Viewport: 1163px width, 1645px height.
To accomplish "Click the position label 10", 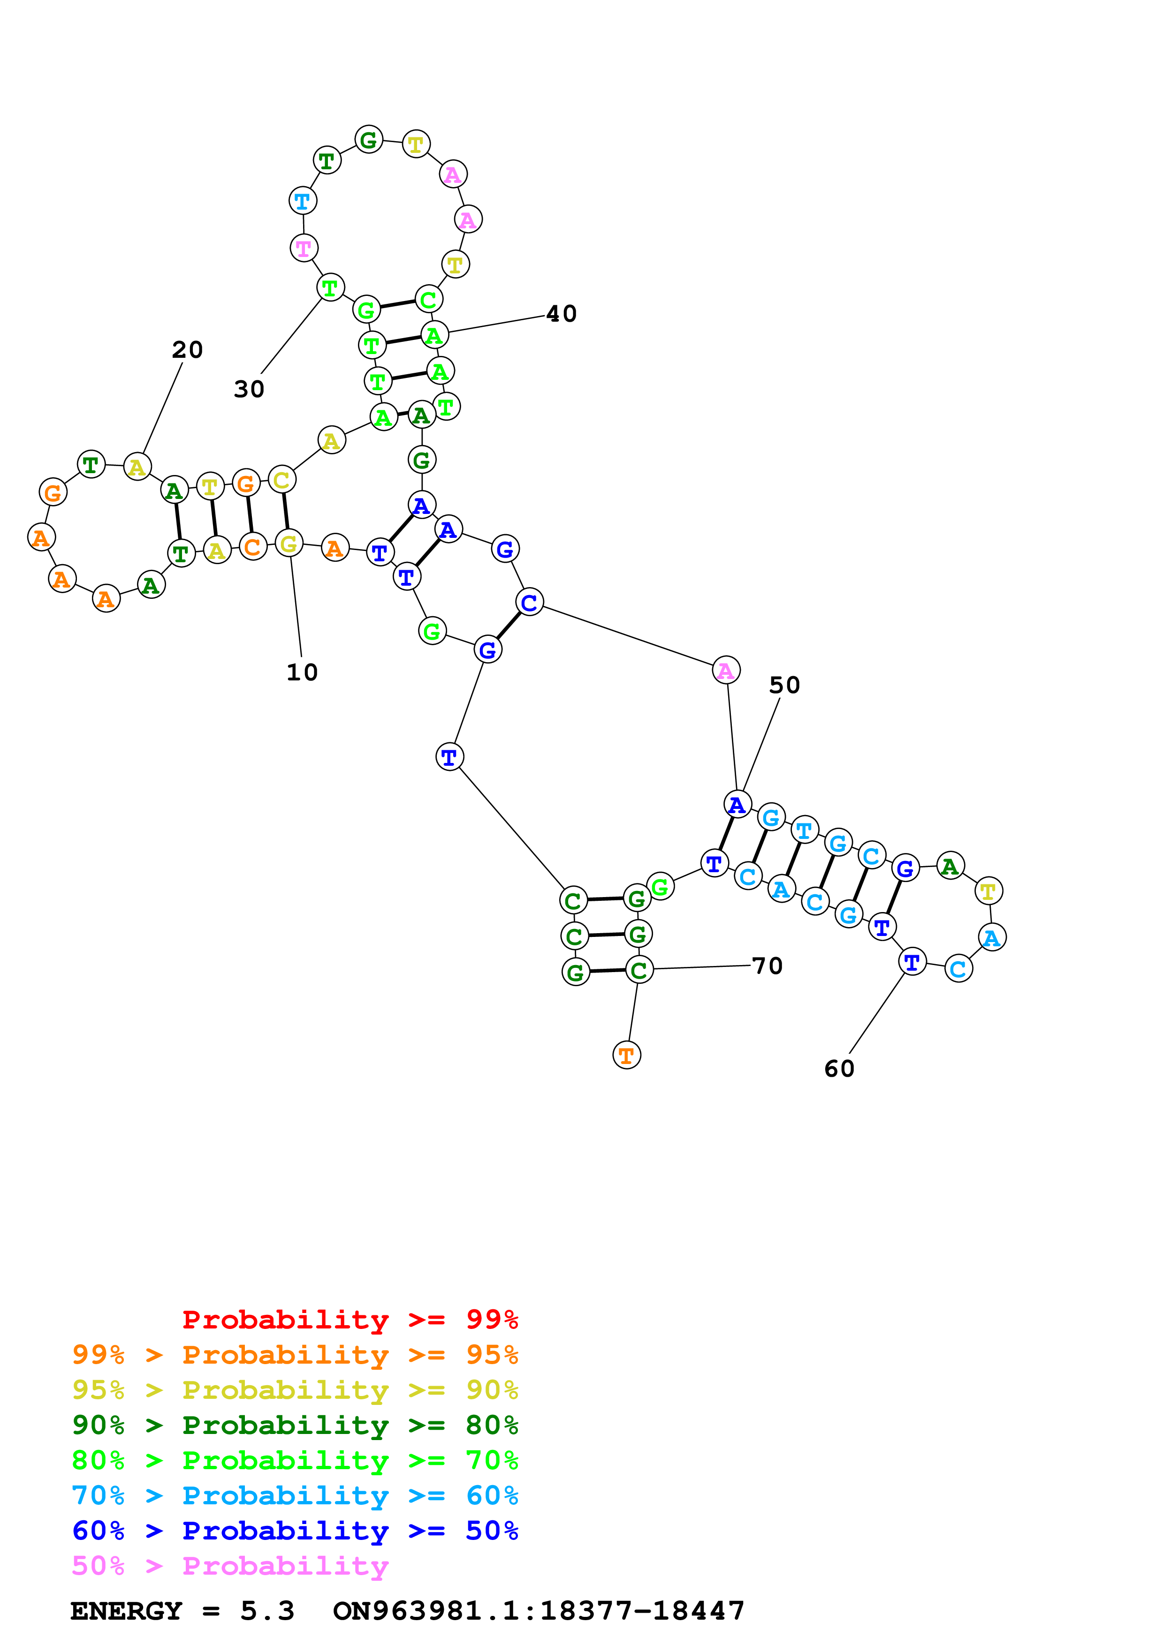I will coord(302,672).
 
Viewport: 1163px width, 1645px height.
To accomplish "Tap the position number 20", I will coord(187,350).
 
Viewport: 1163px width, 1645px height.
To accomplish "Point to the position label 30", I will coord(249,389).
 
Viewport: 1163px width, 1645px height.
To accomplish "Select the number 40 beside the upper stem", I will coord(561,314).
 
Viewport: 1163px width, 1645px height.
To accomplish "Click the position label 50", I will coord(784,685).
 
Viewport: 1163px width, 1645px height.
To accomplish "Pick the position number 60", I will coord(839,1068).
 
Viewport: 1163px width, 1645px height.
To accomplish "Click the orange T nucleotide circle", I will coord(626,1055).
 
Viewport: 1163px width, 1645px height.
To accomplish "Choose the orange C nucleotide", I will coord(252,547).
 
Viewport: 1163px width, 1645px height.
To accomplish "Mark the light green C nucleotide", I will coord(428,300).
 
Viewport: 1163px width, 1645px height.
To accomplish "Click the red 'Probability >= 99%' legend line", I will coord(350,1319).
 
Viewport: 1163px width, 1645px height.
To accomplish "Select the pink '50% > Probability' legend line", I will coord(229,1565).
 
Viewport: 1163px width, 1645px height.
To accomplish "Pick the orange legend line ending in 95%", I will coord(295,1354).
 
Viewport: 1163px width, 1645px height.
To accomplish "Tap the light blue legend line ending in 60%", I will coord(295,1495).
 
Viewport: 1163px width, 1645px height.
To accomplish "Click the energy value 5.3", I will coord(266,1611).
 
